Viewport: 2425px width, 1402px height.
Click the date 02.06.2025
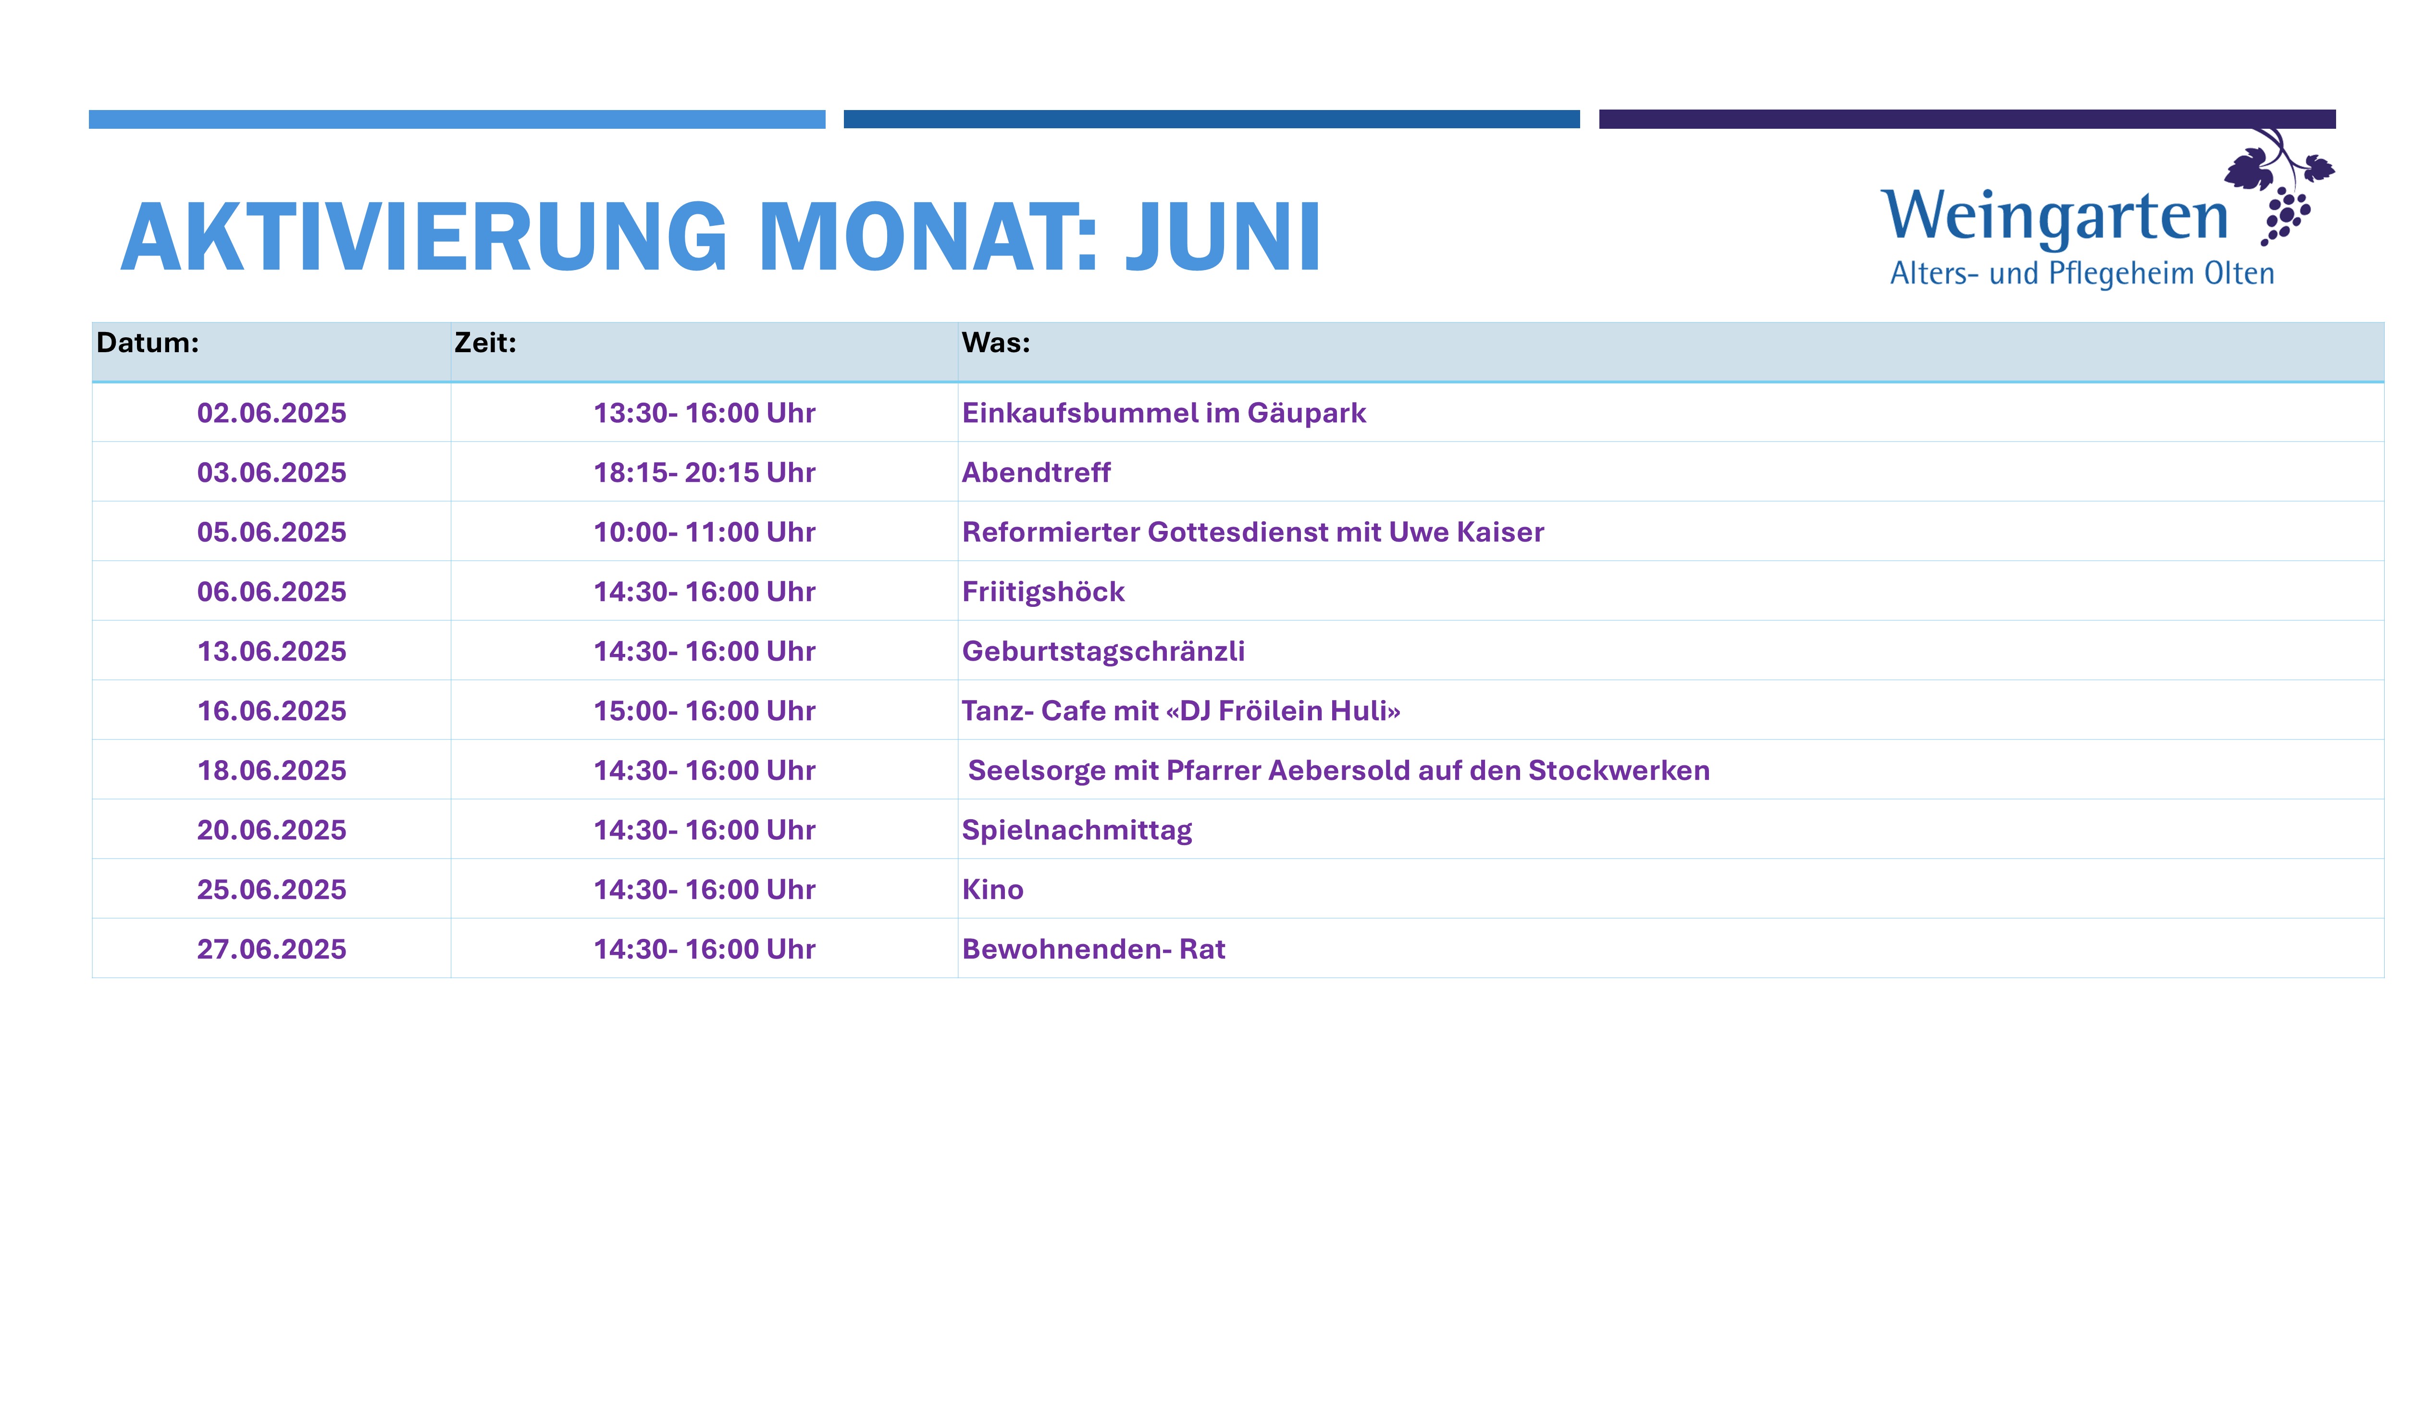(272, 413)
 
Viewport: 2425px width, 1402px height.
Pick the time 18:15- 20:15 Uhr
(705, 472)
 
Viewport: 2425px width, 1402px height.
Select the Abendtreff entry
(1037, 472)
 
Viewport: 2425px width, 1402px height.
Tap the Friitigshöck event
(1043, 592)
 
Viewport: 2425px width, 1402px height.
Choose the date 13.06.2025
(272, 652)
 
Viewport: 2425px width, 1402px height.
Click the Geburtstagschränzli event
(1103, 652)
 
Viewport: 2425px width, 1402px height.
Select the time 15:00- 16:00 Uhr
(705, 711)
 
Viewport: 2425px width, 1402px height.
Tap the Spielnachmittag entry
(1077, 830)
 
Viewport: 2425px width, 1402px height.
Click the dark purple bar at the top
(1967, 119)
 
